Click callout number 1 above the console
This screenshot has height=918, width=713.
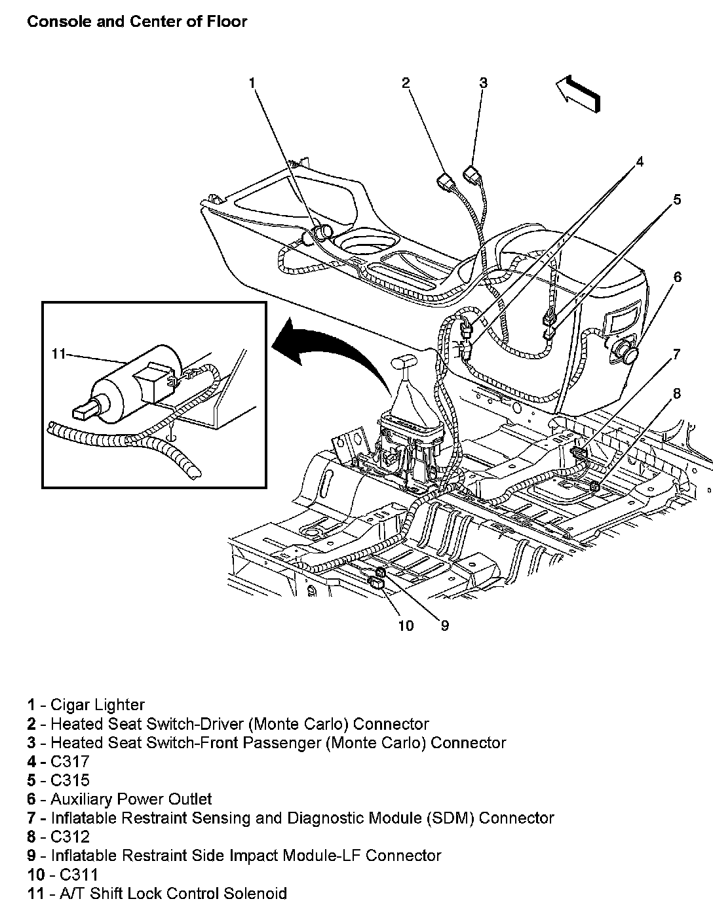point(252,83)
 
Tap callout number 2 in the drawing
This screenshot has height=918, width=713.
point(406,83)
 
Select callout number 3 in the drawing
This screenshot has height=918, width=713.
point(483,83)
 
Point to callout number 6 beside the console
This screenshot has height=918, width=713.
point(677,277)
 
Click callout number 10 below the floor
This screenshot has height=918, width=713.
point(406,626)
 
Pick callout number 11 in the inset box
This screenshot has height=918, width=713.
point(58,354)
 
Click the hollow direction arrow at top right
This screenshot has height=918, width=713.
point(577,94)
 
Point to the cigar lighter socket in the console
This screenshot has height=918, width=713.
point(320,233)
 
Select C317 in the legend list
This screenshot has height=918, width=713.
point(69,761)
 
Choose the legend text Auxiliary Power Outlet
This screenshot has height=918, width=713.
point(131,799)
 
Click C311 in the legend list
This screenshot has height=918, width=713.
point(78,874)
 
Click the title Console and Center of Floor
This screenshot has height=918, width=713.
point(137,22)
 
